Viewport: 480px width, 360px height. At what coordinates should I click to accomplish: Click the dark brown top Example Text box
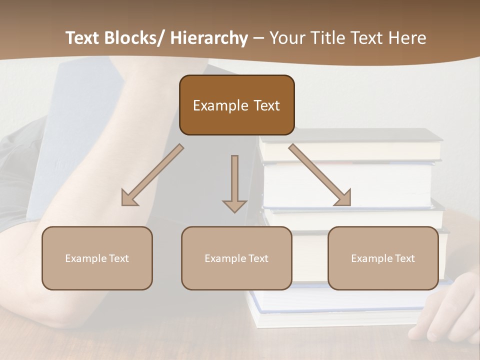[236, 105]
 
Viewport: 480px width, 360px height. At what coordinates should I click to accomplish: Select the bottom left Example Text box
[97, 258]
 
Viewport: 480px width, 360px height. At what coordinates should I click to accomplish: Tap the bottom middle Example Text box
[236, 258]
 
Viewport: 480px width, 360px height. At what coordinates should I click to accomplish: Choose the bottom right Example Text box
[383, 258]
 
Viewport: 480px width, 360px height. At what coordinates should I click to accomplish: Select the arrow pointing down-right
[320, 175]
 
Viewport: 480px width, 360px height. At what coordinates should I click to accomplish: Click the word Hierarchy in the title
[209, 38]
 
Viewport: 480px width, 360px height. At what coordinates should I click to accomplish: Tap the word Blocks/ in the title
[132, 38]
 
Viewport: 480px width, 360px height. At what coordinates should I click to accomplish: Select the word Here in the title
[407, 38]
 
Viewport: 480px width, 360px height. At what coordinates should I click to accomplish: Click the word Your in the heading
[287, 38]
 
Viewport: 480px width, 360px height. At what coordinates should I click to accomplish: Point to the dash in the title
[258, 38]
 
